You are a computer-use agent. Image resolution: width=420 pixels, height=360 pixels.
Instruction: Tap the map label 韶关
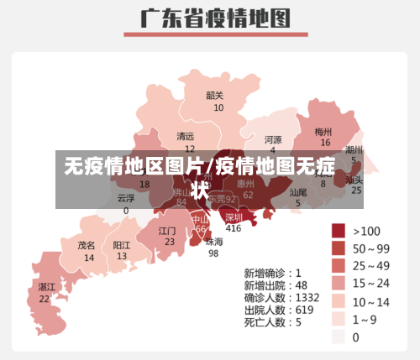pyautogui.click(x=215, y=96)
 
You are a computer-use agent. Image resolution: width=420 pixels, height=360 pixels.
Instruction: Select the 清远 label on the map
pyautogui.click(x=185, y=136)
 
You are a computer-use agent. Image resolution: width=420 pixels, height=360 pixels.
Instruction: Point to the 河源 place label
pyautogui.click(x=273, y=139)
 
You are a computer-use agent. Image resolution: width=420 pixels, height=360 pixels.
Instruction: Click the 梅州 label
pyautogui.click(x=323, y=132)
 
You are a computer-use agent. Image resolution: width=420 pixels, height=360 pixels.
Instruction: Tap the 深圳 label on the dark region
pyautogui.click(x=234, y=217)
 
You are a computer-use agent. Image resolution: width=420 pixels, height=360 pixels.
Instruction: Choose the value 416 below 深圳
pyautogui.click(x=234, y=228)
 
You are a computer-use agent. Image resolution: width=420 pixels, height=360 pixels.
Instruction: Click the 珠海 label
pyautogui.click(x=215, y=242)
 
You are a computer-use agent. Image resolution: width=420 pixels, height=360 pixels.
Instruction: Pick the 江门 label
pyautogui.click(x=167, y=230)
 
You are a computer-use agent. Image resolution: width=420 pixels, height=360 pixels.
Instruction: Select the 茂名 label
pyautogui.click(x=87, y=246)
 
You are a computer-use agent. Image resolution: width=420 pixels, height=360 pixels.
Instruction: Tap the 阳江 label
pyautogui.click(x=122, y=246)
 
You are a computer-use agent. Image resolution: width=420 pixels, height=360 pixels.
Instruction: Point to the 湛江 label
pyautogui.click(x=46, y=287)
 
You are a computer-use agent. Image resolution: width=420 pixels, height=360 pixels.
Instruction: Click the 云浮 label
pyautogui.click(x=126, y=199)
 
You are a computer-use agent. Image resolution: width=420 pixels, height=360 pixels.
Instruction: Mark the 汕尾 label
pyautogui.click(x=298, y=193)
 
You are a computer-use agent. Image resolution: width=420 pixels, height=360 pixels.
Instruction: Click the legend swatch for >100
pyautogui.click(x=339, y=231)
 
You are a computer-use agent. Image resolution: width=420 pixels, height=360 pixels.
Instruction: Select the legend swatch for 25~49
pyautogui.click(x=339, y=266)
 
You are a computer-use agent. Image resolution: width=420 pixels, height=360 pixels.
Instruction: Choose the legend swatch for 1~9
pyautogui.click(x=339, y=319)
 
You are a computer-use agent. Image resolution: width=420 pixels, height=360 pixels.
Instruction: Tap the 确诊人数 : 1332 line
pyautogui.click(x=281, y=297)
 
